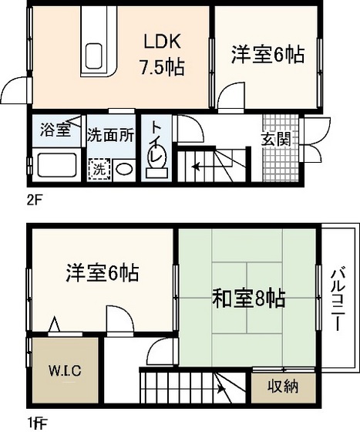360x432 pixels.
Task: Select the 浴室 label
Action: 56,130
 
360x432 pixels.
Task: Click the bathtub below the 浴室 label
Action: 54,165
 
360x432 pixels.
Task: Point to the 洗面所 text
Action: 110,133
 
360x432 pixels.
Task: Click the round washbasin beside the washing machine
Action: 123,167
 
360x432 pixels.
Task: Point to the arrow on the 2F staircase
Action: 200,164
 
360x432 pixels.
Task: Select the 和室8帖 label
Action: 248,298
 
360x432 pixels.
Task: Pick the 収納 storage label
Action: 283,386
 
